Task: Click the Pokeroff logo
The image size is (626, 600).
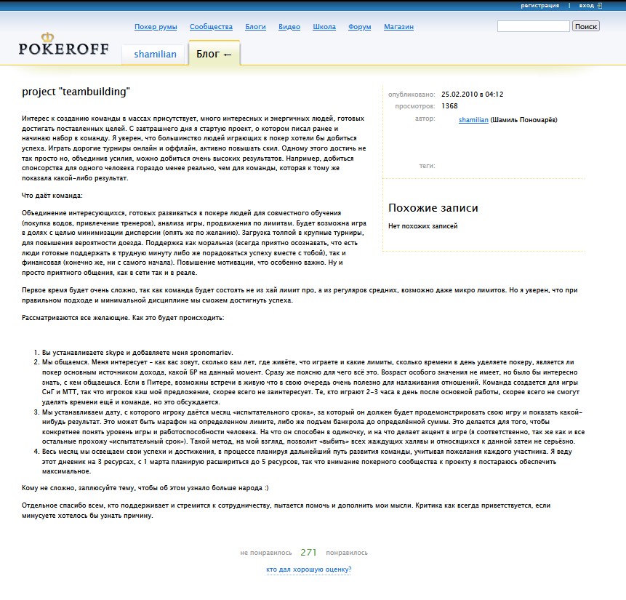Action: pos(63,45)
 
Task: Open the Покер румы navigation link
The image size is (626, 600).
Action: pos(156,27)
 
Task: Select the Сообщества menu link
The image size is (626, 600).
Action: pos(211,27)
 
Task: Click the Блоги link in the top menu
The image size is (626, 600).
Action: pos(255,27)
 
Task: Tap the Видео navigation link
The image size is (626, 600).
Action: pos(289,27)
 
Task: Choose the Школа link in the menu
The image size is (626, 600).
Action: pos(324,27)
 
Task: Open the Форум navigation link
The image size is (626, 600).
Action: pos(360,27)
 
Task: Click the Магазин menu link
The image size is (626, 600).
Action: pos(398,27)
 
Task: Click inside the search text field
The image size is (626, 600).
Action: pos(533,26)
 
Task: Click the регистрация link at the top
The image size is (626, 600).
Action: pos(540,6)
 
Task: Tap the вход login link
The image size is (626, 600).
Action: pos(587,6)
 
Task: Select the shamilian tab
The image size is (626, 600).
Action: pos(154,55)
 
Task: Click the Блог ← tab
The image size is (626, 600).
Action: pos(214,54)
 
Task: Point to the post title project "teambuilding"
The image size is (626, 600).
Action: pos(76,92)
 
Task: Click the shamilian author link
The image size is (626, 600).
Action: pos(473,119)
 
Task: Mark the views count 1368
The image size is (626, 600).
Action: pos(449,106)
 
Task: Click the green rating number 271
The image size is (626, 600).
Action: pos(309,552)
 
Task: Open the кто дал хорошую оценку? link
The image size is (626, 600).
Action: pos(309,569)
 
